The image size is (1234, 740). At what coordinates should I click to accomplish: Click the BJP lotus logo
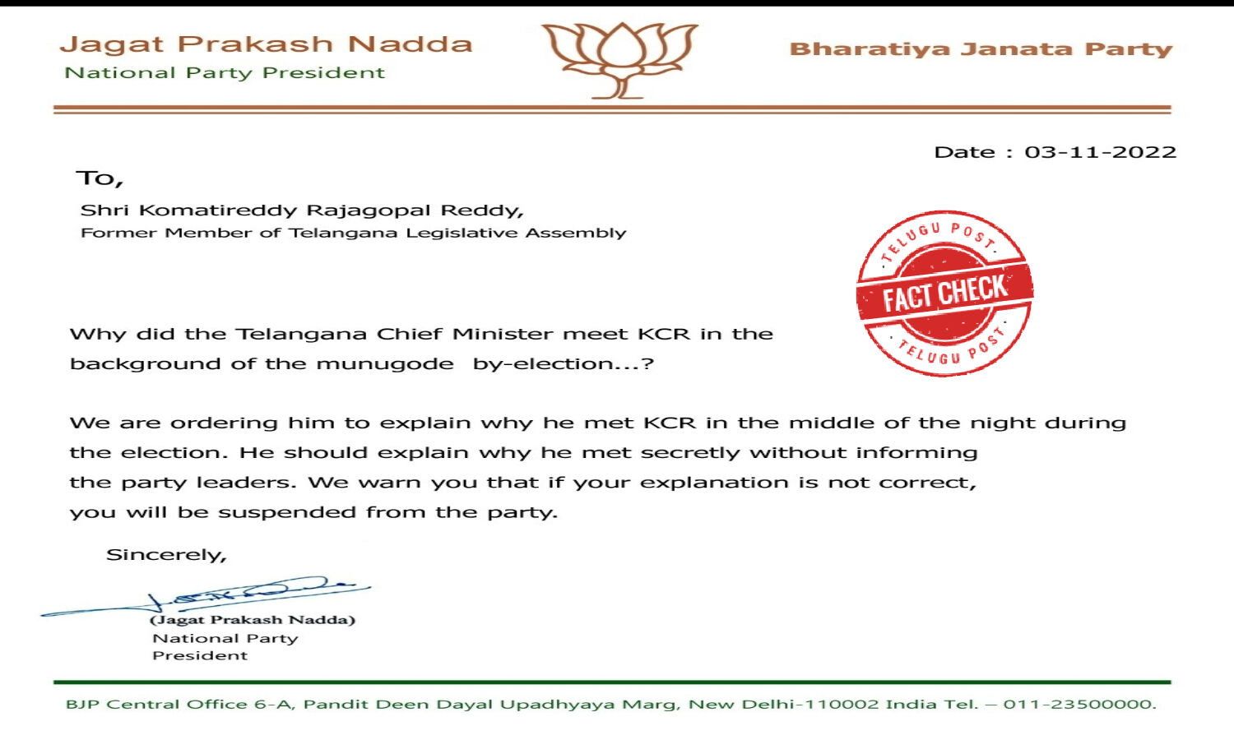[x=620, y=59]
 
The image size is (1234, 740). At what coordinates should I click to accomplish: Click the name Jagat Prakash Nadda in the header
[x=267, y=44]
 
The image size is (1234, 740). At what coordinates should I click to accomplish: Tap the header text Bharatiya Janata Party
[x=981, y=49]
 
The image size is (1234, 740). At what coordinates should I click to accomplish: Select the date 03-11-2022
[x=1100, y=152]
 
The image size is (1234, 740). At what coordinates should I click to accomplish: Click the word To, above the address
[x=100, y=178]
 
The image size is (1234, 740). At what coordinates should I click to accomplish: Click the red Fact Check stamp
[x=944, y=293]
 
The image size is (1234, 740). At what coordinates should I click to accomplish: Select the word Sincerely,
[x=166, y=555]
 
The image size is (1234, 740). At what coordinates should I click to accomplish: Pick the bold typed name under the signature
[x=253, y=620]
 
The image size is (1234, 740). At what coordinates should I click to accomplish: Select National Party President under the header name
[x=225, y=73]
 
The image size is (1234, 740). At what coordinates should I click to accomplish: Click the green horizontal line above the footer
[x=612, y=682]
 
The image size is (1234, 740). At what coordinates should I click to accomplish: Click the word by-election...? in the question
[x=563, y=364]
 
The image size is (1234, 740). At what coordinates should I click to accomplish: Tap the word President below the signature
[x=200, y=655]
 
